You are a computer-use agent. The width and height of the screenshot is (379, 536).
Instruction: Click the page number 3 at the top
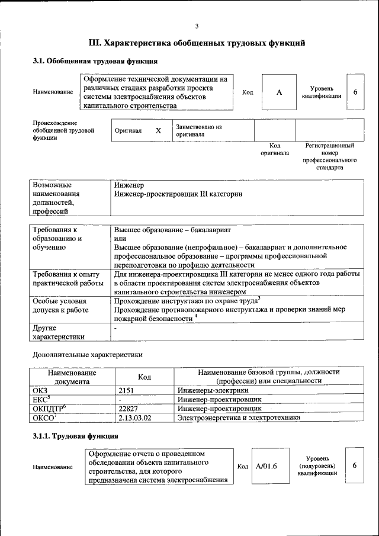tap(196, 25)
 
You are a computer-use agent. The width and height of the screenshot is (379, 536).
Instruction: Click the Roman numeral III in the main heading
tap(96, 43)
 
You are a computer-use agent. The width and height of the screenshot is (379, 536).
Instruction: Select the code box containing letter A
tap(279, 92)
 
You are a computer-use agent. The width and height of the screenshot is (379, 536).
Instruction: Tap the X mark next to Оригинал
tap(158, 130)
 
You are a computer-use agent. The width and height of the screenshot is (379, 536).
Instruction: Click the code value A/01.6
tap(266, 466)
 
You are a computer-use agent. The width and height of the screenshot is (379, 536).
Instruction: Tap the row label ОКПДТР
tap(49, 409)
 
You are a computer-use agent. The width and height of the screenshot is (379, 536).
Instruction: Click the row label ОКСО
tap(44, 418)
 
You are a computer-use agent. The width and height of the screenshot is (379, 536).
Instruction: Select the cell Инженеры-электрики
tap(213, 390)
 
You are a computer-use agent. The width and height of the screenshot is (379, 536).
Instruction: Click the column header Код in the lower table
tap(144, 377)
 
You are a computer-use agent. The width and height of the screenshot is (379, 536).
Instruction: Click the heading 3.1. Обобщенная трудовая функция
tap(95, 61)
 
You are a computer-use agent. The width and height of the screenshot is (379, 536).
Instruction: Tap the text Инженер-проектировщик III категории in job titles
tap(178, 194)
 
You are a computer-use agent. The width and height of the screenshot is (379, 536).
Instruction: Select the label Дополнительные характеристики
tap(87, 355)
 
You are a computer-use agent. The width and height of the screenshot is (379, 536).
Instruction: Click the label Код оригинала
tap(275, 149)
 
